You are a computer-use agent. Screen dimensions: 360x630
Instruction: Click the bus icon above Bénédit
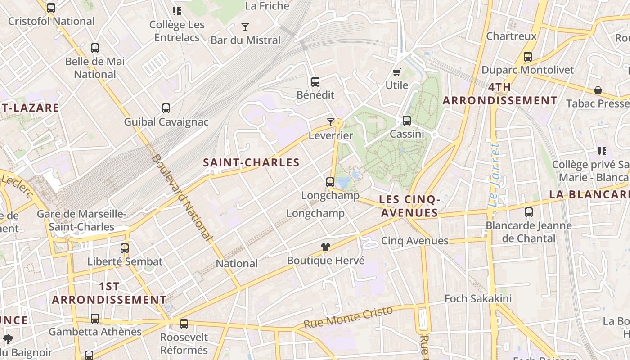tap(315, 82)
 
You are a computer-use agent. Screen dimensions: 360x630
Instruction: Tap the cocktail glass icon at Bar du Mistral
tap(245, 27)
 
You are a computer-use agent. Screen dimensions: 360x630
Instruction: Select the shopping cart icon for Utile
tap(397, 72)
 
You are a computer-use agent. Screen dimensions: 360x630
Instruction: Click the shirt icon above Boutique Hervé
tap(326, 247)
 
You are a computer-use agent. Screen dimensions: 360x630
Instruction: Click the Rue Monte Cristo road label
tap(348, 318)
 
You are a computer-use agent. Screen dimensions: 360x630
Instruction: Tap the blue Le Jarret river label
tap(495, 175)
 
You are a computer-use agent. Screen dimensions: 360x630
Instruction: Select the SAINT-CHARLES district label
tap(251, 162)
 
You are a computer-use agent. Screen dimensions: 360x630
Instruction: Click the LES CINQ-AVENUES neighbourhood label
tap(409, 206)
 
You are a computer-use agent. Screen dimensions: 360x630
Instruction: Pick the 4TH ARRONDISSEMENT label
tap(499, 94)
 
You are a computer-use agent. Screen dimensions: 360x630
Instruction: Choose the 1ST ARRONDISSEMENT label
tap(109, 293)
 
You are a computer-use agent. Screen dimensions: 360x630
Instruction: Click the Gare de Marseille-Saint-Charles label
tap(81, 220)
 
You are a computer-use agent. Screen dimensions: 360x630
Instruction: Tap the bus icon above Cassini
tap(407, 121)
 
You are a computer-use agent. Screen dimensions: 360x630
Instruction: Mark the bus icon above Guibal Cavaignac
tap(166, 108)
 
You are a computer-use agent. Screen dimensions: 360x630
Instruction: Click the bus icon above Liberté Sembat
tap(125, 248)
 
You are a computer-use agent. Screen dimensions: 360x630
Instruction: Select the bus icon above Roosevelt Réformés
tap(184, 324)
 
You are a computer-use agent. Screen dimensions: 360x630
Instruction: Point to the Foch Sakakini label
tap(478, 298)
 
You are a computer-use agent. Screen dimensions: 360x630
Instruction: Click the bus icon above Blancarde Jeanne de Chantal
tap(529, 212)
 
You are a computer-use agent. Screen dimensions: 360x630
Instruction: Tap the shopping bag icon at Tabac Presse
tap(598, 91)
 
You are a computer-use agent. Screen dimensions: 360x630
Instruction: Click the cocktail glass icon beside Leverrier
tap(331, 122)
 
